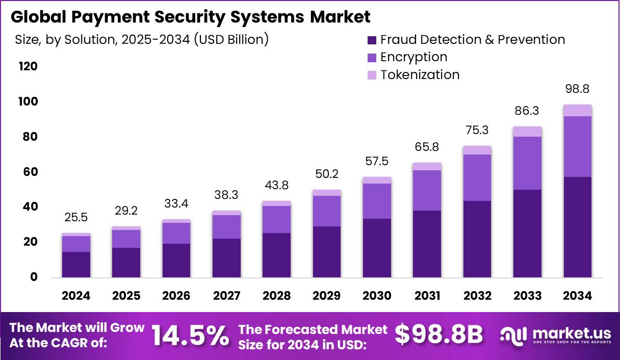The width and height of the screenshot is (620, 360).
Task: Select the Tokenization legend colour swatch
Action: [x=372, y=75]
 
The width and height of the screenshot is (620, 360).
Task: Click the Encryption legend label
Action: [x=414, y=57]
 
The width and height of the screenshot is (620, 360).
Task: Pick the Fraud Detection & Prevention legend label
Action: [x=472, y=39]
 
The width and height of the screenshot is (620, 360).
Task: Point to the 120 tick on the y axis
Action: [x=28, y=66]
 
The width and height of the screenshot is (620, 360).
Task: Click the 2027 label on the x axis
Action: [x=226, y=296]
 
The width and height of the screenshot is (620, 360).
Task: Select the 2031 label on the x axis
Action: [x=427, y=296]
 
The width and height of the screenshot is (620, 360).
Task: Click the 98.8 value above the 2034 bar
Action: [x=577, y=89]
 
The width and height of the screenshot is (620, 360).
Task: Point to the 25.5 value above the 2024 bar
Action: [x=76, y=218]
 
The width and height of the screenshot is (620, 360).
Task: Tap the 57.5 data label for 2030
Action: [x=377, y=162]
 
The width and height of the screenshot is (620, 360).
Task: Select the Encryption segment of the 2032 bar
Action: [x=477, y=177]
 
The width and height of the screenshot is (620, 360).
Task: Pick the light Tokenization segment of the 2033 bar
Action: [x=527, y=132]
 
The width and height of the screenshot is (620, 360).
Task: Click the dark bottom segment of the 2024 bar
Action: [x=76, y=265]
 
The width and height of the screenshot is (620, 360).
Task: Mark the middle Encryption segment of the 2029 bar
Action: [x=327, y=211]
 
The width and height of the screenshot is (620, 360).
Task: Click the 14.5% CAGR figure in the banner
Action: [x=190, y=335]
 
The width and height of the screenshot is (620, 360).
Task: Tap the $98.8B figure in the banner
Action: [x=438, y=335]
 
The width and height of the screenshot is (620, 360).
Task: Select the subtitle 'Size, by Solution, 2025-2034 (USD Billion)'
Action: [x=142, y=39]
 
